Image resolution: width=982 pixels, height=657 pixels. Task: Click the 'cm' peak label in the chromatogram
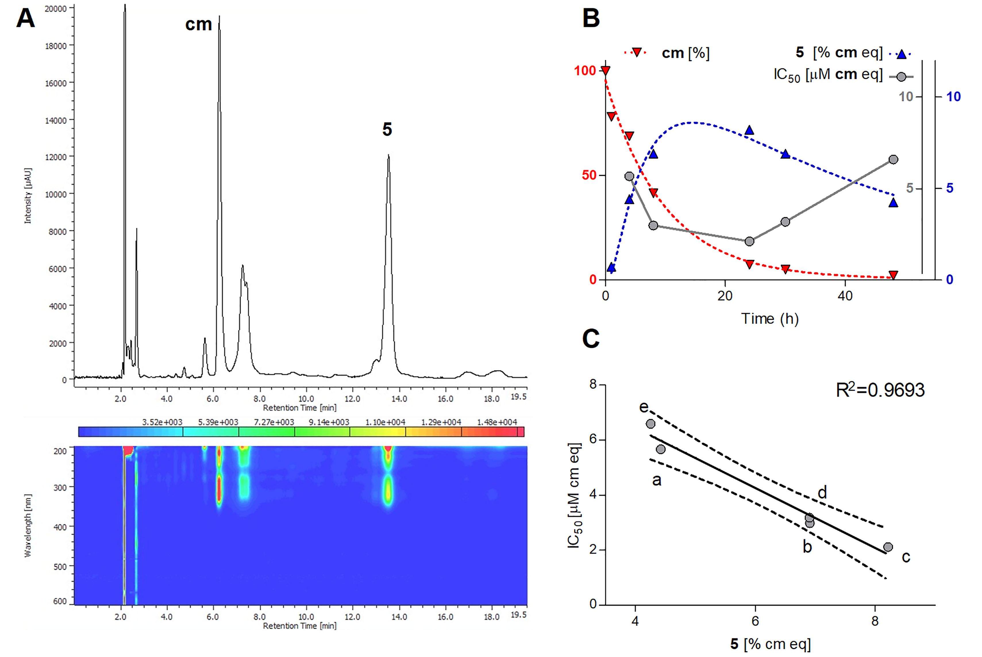click(199, 25)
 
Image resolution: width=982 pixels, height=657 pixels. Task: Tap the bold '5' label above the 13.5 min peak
click(387, 129)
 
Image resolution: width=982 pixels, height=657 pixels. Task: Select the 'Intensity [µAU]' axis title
click(28, 196)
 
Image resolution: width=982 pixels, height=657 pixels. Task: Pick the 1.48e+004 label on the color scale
click(497, 422)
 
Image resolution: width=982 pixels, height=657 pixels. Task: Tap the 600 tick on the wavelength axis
click(60, 601)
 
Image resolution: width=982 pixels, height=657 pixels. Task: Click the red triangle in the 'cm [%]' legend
click(637, 52)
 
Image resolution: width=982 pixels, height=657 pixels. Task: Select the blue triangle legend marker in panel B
click(901, 54)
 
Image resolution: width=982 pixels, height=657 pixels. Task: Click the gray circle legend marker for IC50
click(901, 77)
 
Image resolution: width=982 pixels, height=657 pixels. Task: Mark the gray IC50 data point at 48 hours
click(893, 160)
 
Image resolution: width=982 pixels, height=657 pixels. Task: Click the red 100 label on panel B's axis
click(585, 70)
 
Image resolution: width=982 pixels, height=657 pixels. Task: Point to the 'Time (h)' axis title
click(770, 319)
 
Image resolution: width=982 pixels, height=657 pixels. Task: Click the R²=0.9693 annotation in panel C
click(880, 390)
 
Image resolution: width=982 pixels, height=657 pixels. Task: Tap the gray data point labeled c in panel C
click(888, 547)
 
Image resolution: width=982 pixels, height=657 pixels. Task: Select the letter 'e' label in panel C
click(644, 406)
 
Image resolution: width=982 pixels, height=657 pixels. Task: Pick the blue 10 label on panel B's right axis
click(953, 97)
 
